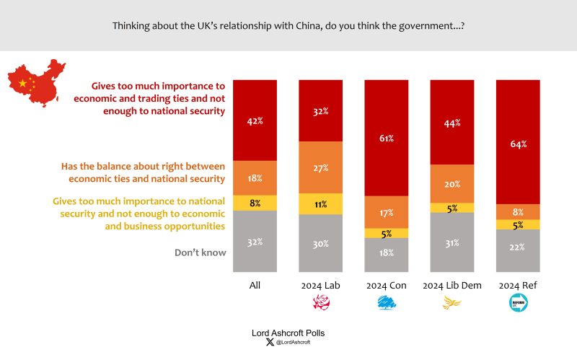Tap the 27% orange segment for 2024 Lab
pyautogui.click(x=321, y=168)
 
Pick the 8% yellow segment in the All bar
pyautogui.click(x=255, y=203)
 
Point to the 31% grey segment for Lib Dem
pyautogui.click(x=452, y=242)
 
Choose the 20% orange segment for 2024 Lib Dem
pyautogui.click(x=452, y=183)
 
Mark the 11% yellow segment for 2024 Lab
pyautogui.click(x=321, y=204)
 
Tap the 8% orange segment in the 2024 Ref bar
pyautogui.click(x=518, y=212)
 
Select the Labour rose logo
pyautogui.click(x=320, y=304)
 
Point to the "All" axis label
pyautogui.click(x=255, y=286)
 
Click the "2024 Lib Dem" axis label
pyautogui.click(x=452, y=286)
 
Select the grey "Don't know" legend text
pyautogui.click(x=201, y=253)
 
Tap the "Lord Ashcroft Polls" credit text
pyautogui.click(x=288, y=333)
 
